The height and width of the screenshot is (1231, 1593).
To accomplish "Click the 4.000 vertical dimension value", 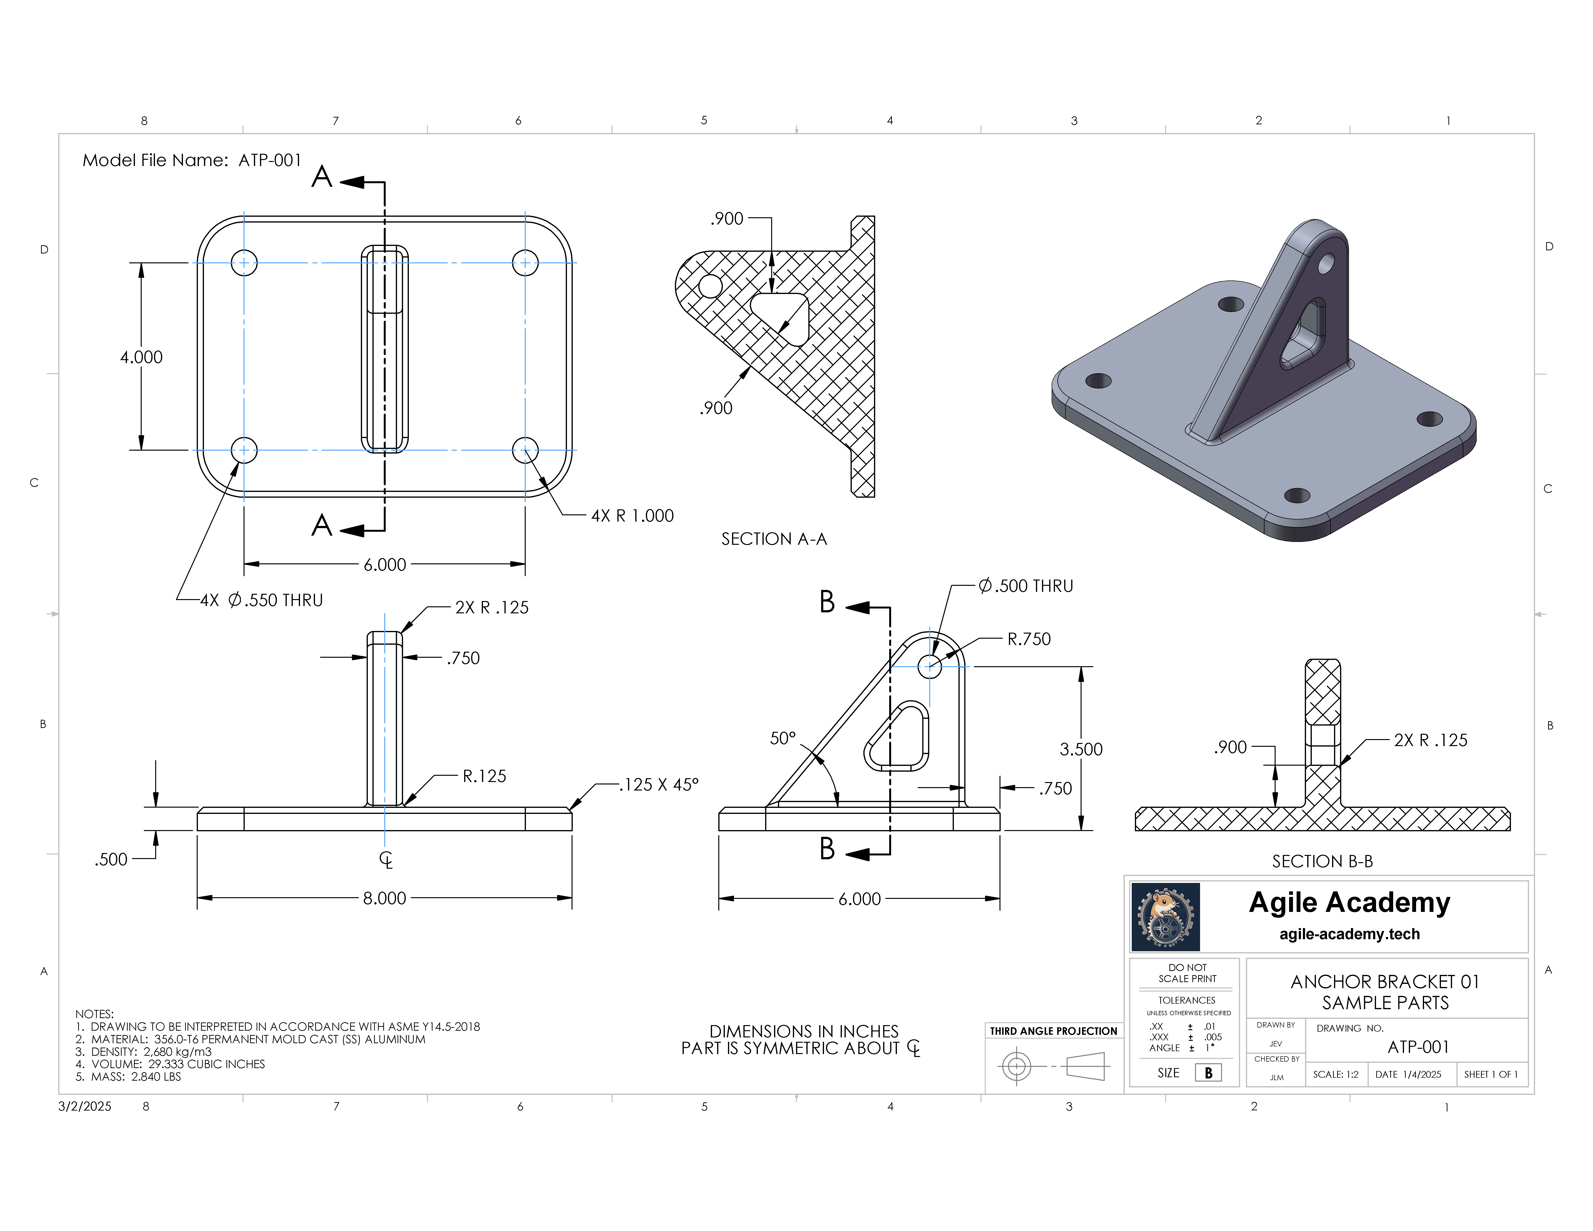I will point(141,357).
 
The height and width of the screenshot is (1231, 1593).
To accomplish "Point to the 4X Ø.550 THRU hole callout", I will point(261,600).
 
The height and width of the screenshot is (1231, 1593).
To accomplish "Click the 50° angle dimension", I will point(783,739).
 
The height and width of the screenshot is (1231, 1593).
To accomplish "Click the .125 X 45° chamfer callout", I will point(659,785).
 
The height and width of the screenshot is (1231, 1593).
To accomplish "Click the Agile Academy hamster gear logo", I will point(1165,917).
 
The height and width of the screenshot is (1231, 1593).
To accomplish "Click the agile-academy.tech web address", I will point(1349,934).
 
